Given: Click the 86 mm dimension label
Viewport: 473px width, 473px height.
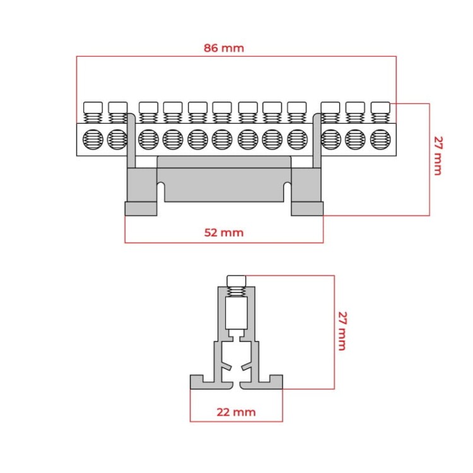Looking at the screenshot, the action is [224, 48].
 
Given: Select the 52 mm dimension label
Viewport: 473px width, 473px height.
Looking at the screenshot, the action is [224, 233].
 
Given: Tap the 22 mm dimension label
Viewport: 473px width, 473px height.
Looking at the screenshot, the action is [237, 412].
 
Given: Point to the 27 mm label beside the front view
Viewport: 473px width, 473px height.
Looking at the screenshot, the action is [438, 156].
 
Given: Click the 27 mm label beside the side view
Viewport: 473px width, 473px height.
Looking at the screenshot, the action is [342, 331].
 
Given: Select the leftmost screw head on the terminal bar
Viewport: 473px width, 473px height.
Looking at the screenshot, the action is [93, 107].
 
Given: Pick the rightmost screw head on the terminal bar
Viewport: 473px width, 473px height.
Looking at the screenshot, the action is [380, 107].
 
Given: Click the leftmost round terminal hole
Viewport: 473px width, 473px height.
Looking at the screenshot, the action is [93, 139].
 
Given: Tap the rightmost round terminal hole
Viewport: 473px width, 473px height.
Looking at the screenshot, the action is [380, 139].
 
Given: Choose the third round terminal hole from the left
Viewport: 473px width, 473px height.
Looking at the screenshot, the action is [148, 139].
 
